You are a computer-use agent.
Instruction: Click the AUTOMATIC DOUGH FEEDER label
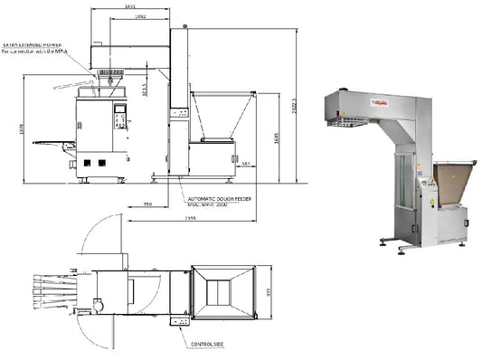(x=221, y=196)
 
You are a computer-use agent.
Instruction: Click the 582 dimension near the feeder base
(x=245, y=164)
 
